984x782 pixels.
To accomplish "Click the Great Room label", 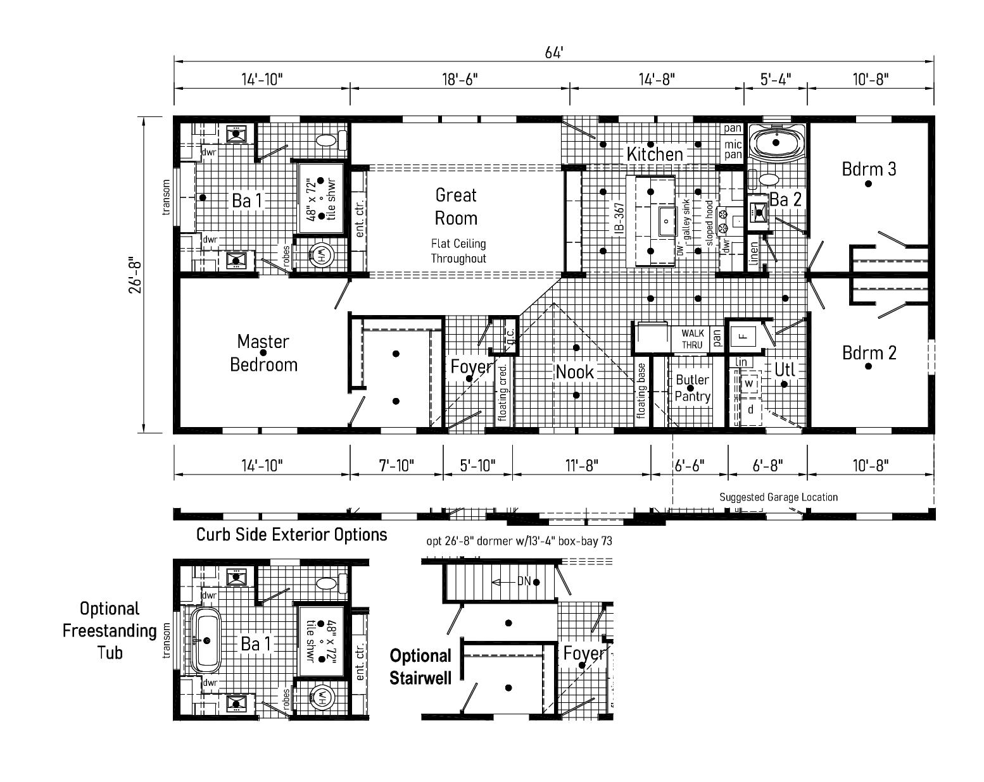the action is tap(456, 207).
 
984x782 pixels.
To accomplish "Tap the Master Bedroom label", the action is tap(263, 353).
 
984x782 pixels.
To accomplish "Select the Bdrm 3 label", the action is tap(869, 170).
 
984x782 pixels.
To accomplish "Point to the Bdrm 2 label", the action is tap(869, 352).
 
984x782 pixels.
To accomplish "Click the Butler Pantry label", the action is tap(692, 388).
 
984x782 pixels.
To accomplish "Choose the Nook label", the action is tap(575, 372).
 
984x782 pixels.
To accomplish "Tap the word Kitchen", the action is tap(655, 154).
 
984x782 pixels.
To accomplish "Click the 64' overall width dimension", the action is tap(554, 53).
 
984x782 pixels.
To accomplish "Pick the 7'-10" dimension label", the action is tap(396, 466).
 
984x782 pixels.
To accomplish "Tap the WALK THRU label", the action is tap(692, 339).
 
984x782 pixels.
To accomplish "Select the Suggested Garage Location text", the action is tap(778, 497).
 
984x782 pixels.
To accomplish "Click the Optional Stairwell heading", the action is tap(420, 667).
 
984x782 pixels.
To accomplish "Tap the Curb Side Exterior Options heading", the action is tap(291, 535).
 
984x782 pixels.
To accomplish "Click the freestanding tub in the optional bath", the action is tap(205, 640).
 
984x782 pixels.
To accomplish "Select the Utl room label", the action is tap(785, 369).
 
